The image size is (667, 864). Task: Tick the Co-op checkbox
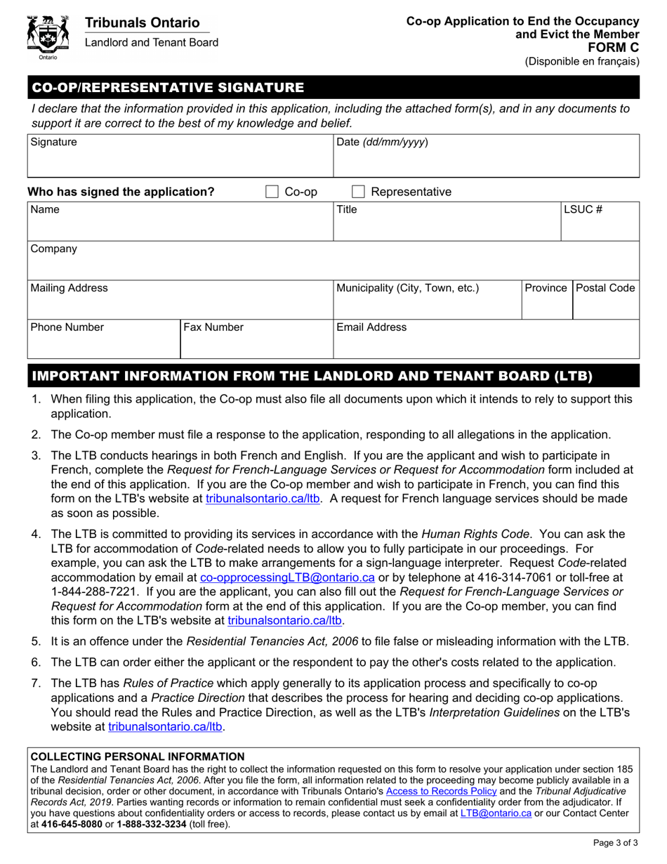point(272,192)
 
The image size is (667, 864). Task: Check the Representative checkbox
point(357,192)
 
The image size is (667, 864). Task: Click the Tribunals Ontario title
point(142,23)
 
